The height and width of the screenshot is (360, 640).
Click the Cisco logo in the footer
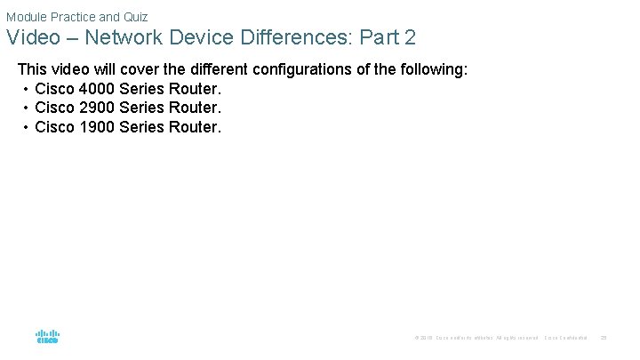coord(47,337)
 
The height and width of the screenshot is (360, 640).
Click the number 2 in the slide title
coord(409,39)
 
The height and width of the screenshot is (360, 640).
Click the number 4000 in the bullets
coord(95,89)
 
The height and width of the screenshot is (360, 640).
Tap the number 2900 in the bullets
coord(95,108)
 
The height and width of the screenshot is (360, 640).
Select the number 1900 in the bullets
coord(95,126)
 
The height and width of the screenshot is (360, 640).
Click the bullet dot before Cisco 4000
coord(26,89)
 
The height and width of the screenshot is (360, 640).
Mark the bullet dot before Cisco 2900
coord(26,108)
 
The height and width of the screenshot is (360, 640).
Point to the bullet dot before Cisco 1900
coord(26,126)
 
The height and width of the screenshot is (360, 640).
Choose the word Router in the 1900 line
coord(194,126)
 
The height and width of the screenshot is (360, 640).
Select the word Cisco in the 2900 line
coord(54,108)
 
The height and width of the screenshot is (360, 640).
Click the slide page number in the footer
coord(604,338)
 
